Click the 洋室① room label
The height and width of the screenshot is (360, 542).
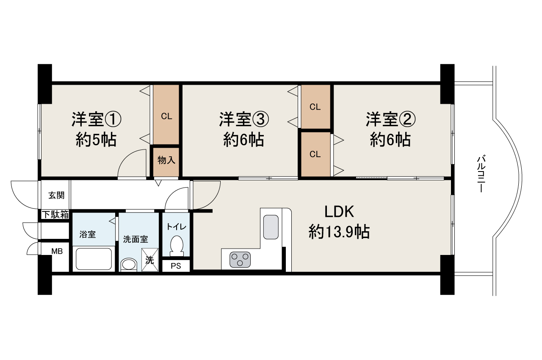(x=96, y=120)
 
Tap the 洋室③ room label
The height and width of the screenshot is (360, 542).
(x=244, y=120)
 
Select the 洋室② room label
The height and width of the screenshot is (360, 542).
(x=391, y=120)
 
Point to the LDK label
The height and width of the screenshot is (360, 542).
(x=339, y=210)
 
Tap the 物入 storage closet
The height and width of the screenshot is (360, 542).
(x=166, y=161)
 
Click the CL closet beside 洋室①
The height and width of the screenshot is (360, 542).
(x=166, y=116)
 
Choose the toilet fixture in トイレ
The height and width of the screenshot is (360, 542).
(x=176, y=246)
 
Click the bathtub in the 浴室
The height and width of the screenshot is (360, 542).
(x=94, y=259)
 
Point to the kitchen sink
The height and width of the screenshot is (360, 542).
(x=271, y=227)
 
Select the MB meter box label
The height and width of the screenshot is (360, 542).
(x=57, y=251)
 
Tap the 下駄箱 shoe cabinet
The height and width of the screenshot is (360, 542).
(x=55, y=214)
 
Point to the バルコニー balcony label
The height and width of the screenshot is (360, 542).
(x=481, y=174)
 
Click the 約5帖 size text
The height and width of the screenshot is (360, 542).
(x=96, y=139)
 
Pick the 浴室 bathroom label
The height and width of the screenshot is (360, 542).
(x=88, y=235)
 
